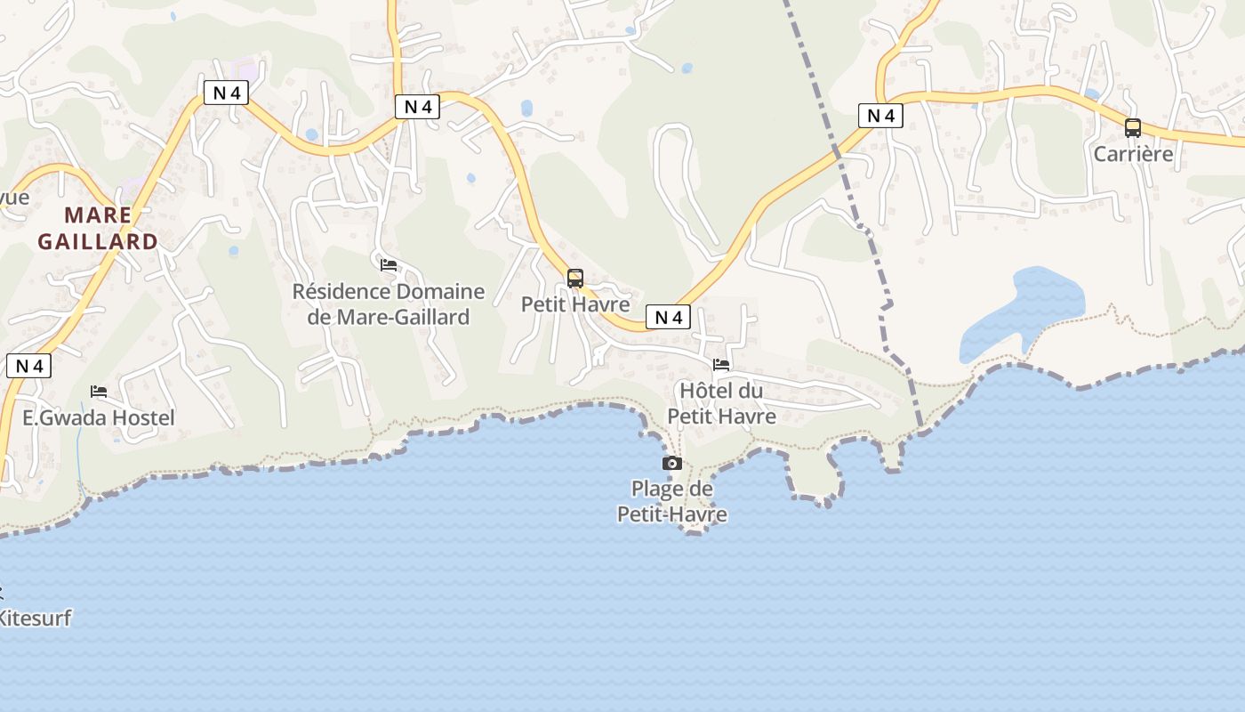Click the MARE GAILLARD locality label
coord(98,228)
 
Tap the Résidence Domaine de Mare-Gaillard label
coord(389,303)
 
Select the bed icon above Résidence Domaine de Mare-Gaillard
coord(389,264)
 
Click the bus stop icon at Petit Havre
coord(575,279)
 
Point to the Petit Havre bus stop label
coord(575,303)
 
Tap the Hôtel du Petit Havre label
coord(721,403)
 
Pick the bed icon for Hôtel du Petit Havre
coord(721,364)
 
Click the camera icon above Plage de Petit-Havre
coord(672,463)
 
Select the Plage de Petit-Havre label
coord(672,501)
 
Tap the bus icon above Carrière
coord(1132,127)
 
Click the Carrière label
coord(1133,154)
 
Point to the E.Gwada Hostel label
coord(99,417)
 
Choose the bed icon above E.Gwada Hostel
coord(99,391)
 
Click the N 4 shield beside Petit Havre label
coord(668,317)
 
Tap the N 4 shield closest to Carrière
coord(880,115)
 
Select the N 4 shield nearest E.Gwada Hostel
coord(28,366)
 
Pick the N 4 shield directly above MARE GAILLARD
coord(226,93)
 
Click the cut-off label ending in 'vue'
coord(14,198)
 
